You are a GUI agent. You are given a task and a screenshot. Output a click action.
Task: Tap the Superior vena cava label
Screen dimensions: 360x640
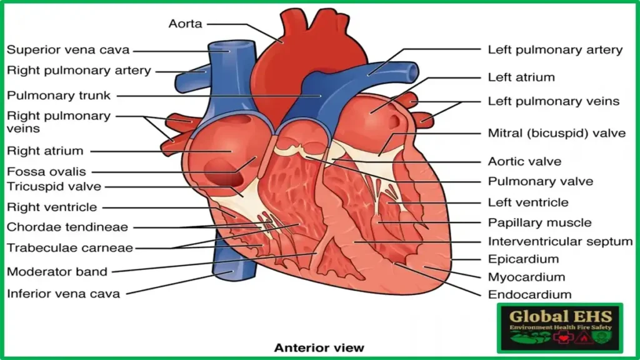point(67,50)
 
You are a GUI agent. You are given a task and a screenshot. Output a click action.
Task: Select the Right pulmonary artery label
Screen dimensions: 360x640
point(79,71)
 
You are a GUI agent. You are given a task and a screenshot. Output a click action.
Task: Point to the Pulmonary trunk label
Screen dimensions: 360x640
point(59,96)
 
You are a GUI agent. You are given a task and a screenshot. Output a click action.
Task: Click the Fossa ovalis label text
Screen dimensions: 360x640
point(46,171)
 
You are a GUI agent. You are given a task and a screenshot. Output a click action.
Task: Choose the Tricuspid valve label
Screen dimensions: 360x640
point(54,186)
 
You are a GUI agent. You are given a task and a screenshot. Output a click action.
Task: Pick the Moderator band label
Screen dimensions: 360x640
point(57,272)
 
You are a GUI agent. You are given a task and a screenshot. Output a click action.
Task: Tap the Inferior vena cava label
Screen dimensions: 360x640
point(63,293)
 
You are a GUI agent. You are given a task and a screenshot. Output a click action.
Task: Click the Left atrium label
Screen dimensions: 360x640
point(521,77)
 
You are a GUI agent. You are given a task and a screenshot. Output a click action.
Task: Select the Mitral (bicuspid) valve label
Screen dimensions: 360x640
point(556,133)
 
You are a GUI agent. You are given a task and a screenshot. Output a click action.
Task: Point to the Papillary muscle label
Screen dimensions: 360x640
point(539,222)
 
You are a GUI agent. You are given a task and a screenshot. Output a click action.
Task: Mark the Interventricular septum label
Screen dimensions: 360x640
point(560,241)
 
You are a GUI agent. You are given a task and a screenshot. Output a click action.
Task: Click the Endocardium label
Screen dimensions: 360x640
point(529,294)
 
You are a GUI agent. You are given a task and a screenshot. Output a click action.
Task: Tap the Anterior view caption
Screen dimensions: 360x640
point(319,347)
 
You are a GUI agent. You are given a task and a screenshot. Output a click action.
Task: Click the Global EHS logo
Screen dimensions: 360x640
point(559,328)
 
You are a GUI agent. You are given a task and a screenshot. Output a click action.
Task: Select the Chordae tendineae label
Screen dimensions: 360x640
point(67,227)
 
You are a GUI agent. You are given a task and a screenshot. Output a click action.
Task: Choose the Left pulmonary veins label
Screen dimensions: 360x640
point(553,101)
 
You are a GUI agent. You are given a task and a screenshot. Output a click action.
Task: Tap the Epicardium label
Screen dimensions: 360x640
point(523,259)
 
